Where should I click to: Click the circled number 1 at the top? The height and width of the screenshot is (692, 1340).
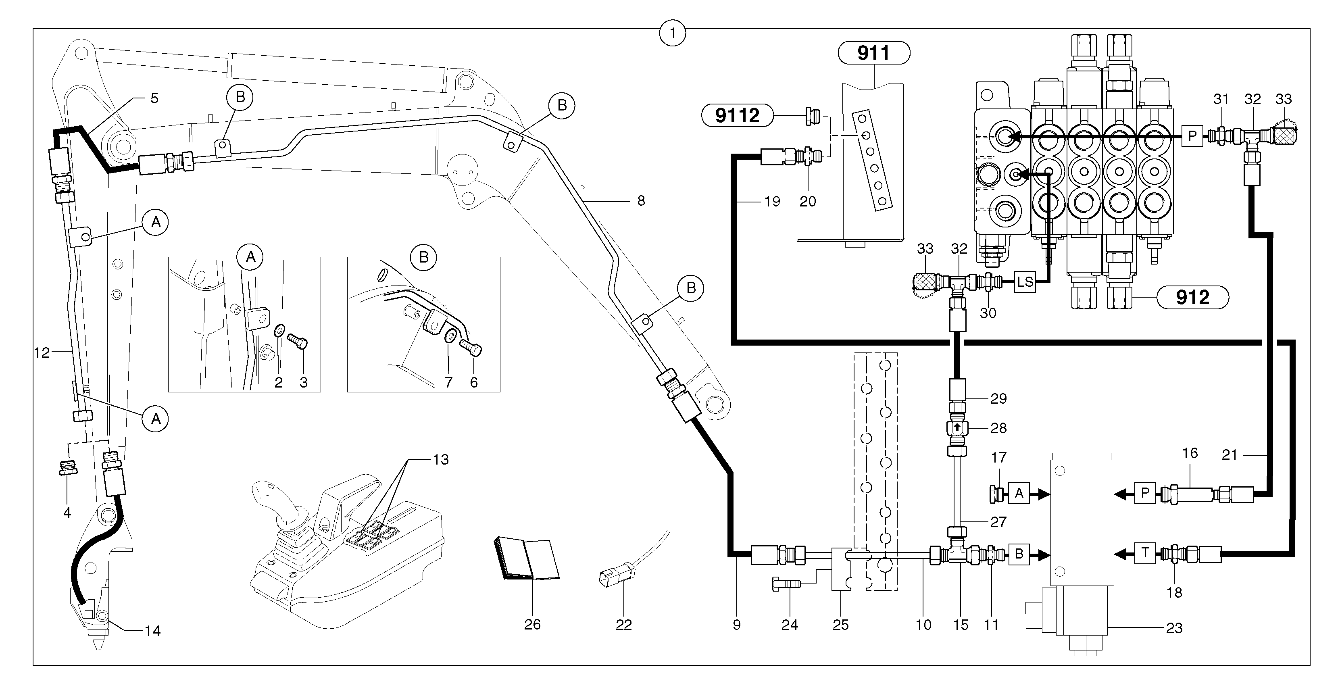(673, 34)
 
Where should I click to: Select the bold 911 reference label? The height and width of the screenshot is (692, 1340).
(874, 53)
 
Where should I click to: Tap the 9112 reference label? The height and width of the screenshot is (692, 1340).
(738, 115)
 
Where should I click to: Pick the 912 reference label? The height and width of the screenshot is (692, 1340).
(1192, 298)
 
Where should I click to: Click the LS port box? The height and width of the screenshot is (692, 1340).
(1025, 282)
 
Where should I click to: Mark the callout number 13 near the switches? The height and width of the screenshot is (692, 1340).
(441, 459)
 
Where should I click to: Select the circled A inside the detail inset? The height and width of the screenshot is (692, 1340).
(250, 256)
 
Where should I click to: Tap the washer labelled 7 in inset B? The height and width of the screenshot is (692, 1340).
(450, 336)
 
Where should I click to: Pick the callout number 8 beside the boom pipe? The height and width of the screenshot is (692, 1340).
(641, 201)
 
